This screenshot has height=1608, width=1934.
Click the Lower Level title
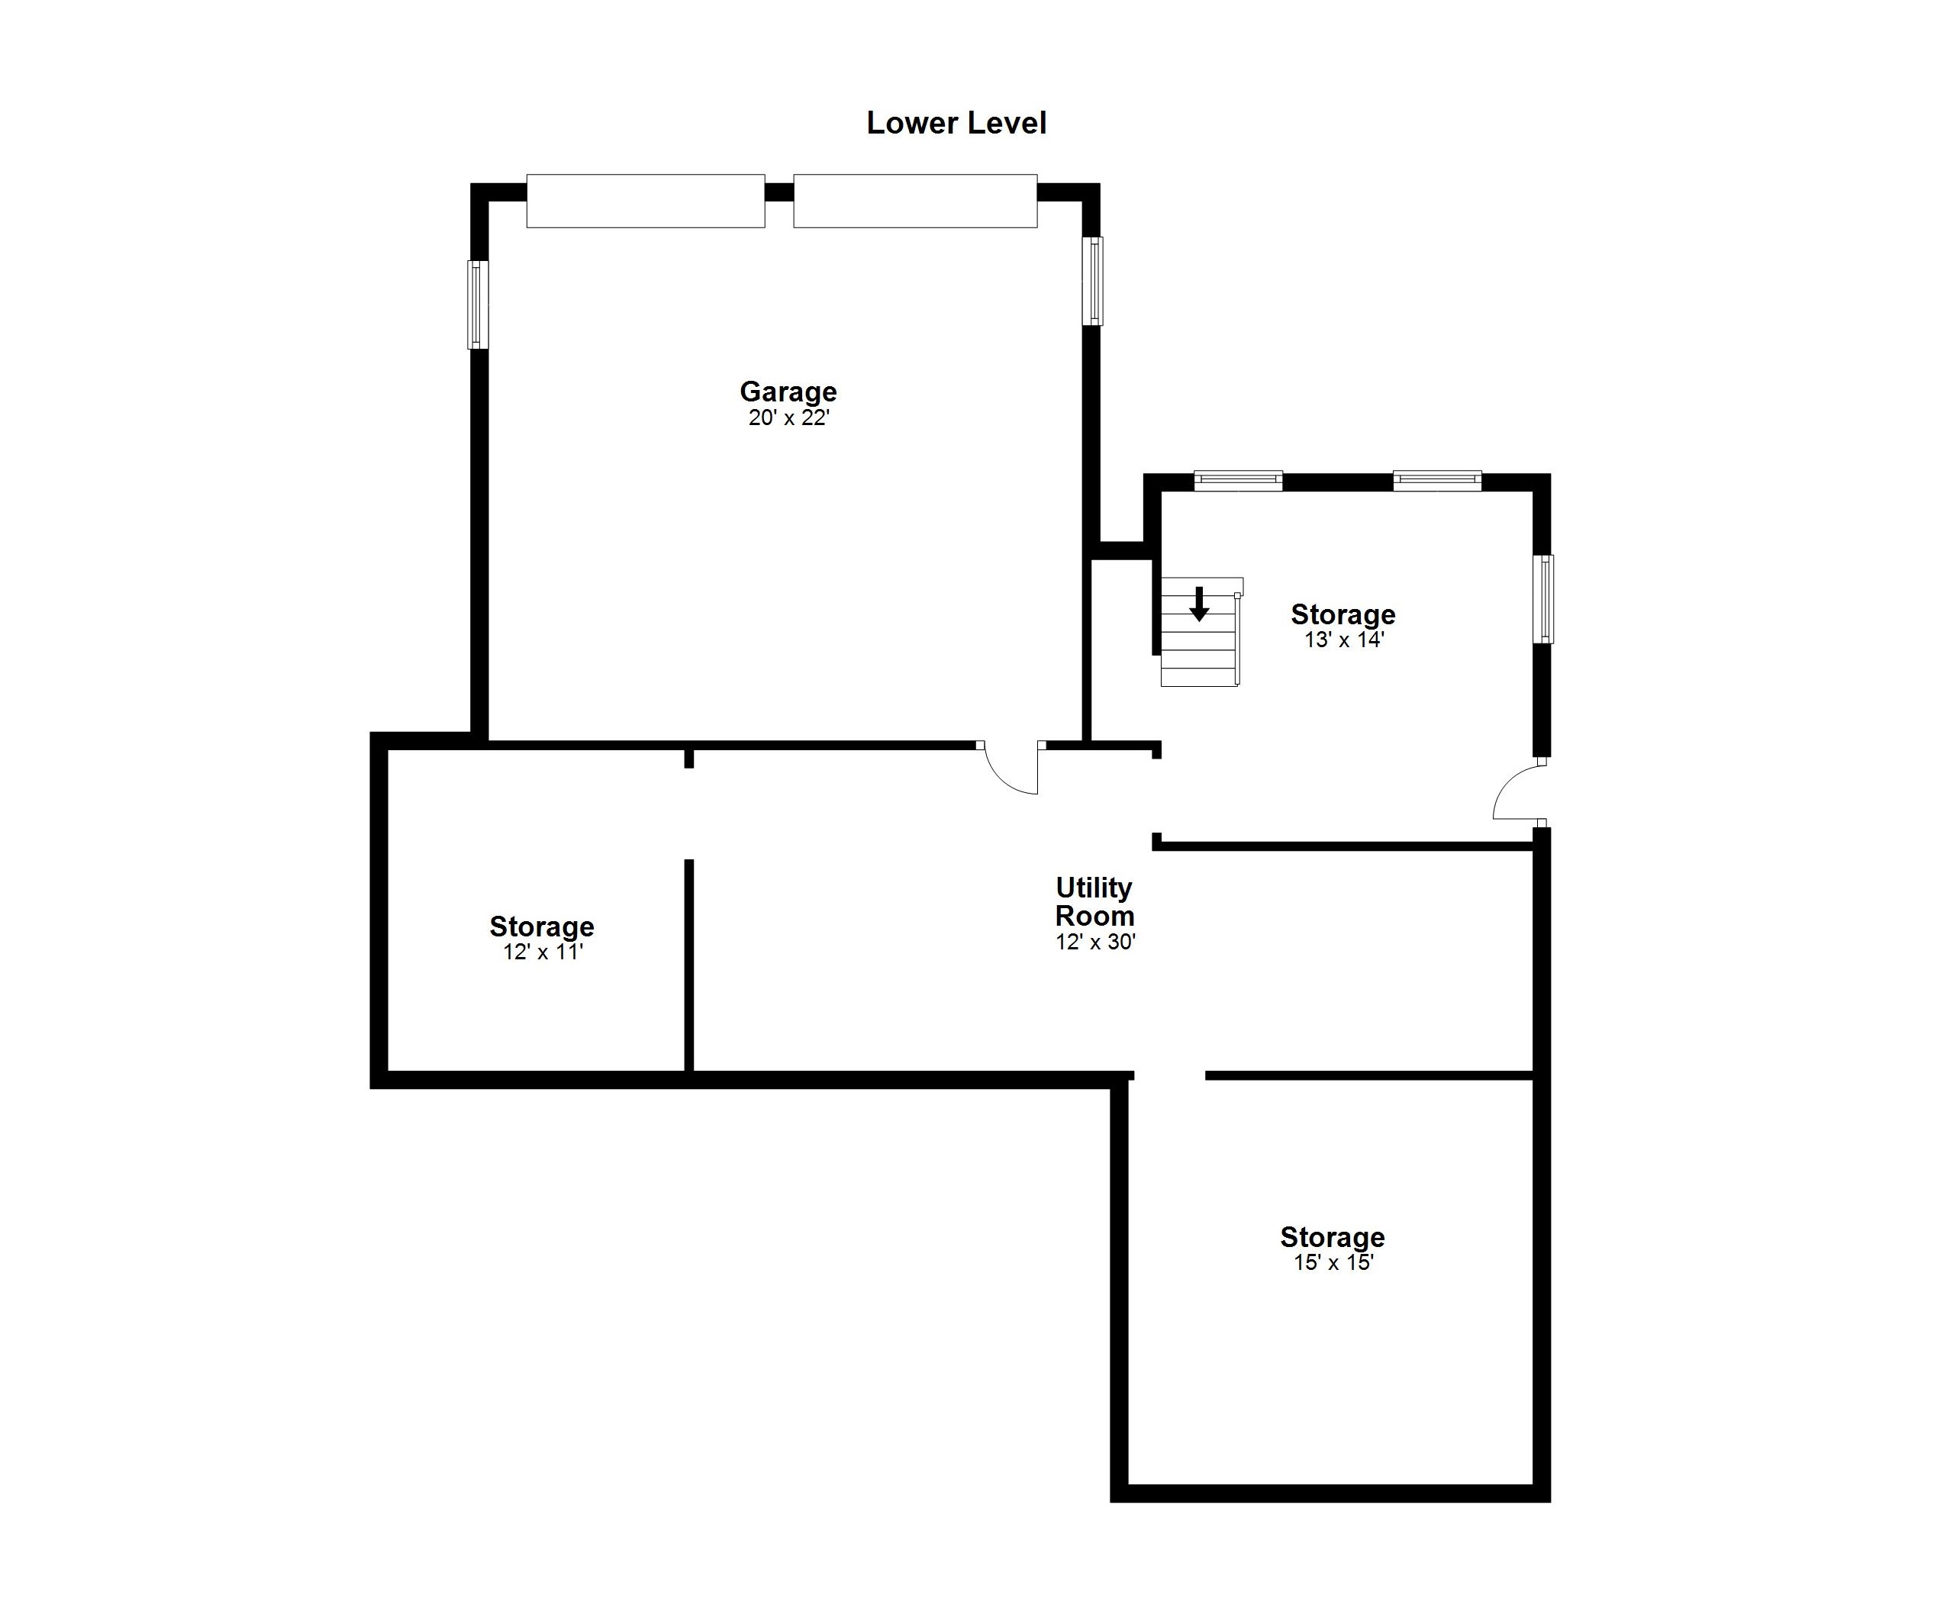[956, 122]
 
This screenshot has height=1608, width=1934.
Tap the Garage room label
[788, 392]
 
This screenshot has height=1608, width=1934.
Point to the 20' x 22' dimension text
[789, 418]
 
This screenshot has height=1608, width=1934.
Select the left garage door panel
[646, 201]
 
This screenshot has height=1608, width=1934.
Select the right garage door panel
[915, 201]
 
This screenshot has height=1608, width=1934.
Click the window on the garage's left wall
[478, 305]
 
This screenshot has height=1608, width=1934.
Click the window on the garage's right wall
[1092, 281]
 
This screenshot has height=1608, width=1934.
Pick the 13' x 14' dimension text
[1345, 640]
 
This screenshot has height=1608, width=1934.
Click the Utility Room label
[1094, 901]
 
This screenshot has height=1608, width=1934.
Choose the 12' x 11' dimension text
[543, 952]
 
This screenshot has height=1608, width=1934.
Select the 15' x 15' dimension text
[1333, 1262]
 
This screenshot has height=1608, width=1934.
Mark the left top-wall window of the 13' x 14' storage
[1239, 481]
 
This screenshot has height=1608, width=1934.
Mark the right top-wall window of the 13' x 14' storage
[1438, 481]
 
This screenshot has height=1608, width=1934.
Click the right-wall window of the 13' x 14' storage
[1543, 598]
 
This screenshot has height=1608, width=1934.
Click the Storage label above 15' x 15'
[1333, 1237]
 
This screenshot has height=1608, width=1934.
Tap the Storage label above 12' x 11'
[542, 926]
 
